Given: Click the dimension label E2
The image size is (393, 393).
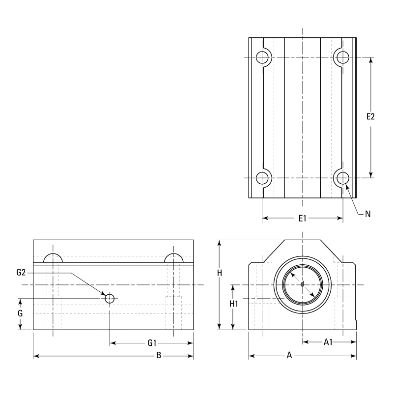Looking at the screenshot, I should pos(371,117).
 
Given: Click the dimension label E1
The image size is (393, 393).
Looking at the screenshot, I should pos(302,218).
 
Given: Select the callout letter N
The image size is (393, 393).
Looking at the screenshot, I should pos(367,214).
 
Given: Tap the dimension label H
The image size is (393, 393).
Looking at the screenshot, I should pos(220,273).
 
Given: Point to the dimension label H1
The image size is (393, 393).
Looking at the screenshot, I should pos(234,304).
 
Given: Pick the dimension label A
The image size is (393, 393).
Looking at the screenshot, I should pos(289,355).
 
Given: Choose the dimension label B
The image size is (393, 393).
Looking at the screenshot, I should pos(159,355).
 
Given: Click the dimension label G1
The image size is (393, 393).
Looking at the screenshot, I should pos(152,342).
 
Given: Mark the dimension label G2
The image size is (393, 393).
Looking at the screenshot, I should pos(21,272).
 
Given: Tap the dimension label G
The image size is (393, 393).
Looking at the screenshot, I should pos(20,312).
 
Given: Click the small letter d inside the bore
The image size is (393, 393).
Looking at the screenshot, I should pos(302,284).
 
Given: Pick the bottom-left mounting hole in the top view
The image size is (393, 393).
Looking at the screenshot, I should pos(263,177).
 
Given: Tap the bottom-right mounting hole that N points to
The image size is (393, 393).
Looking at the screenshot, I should pos(341,177).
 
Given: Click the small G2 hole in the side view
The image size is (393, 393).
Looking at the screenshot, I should pos(109,298).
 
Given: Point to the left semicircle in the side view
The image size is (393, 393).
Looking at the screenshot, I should pos(53,259).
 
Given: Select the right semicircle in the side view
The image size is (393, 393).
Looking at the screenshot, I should pos(173,259).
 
